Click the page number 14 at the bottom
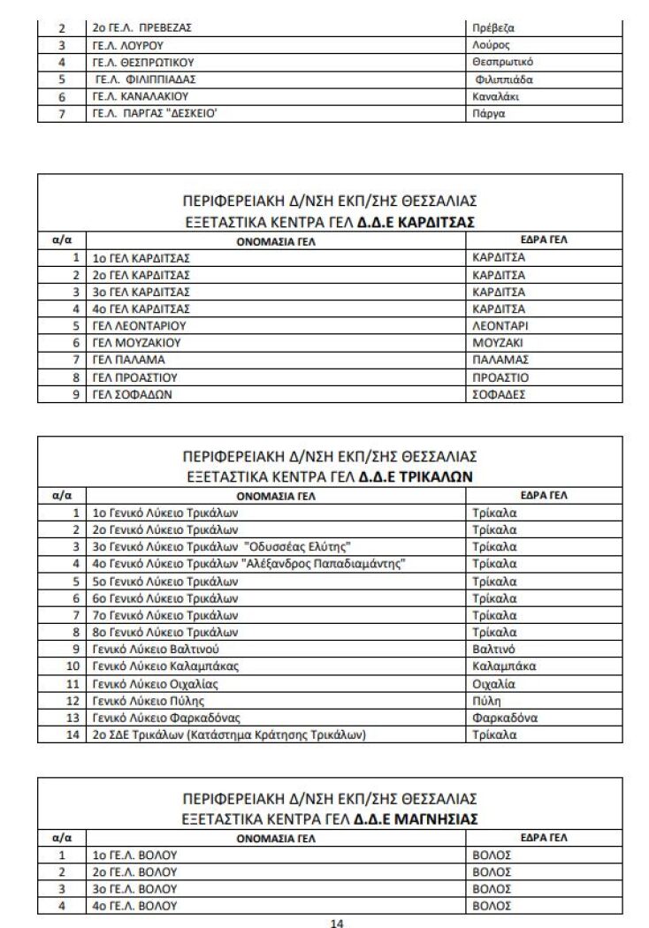click(336, 923)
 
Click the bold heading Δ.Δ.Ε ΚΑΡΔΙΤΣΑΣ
click(416, 221)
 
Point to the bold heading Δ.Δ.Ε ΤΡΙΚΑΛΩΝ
click(416, 475)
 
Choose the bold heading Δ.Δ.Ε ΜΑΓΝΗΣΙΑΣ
click(416, 819)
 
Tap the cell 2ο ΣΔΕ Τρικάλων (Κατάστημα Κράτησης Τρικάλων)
click(229, 734)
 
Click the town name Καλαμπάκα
click(504, 666)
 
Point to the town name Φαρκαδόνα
click(505, 718)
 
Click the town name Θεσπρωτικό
click(503, 62)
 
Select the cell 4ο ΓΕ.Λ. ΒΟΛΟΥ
click(135, 906)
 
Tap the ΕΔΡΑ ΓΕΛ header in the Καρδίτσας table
click(545, 240)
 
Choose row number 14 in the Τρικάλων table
click(74, 734)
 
